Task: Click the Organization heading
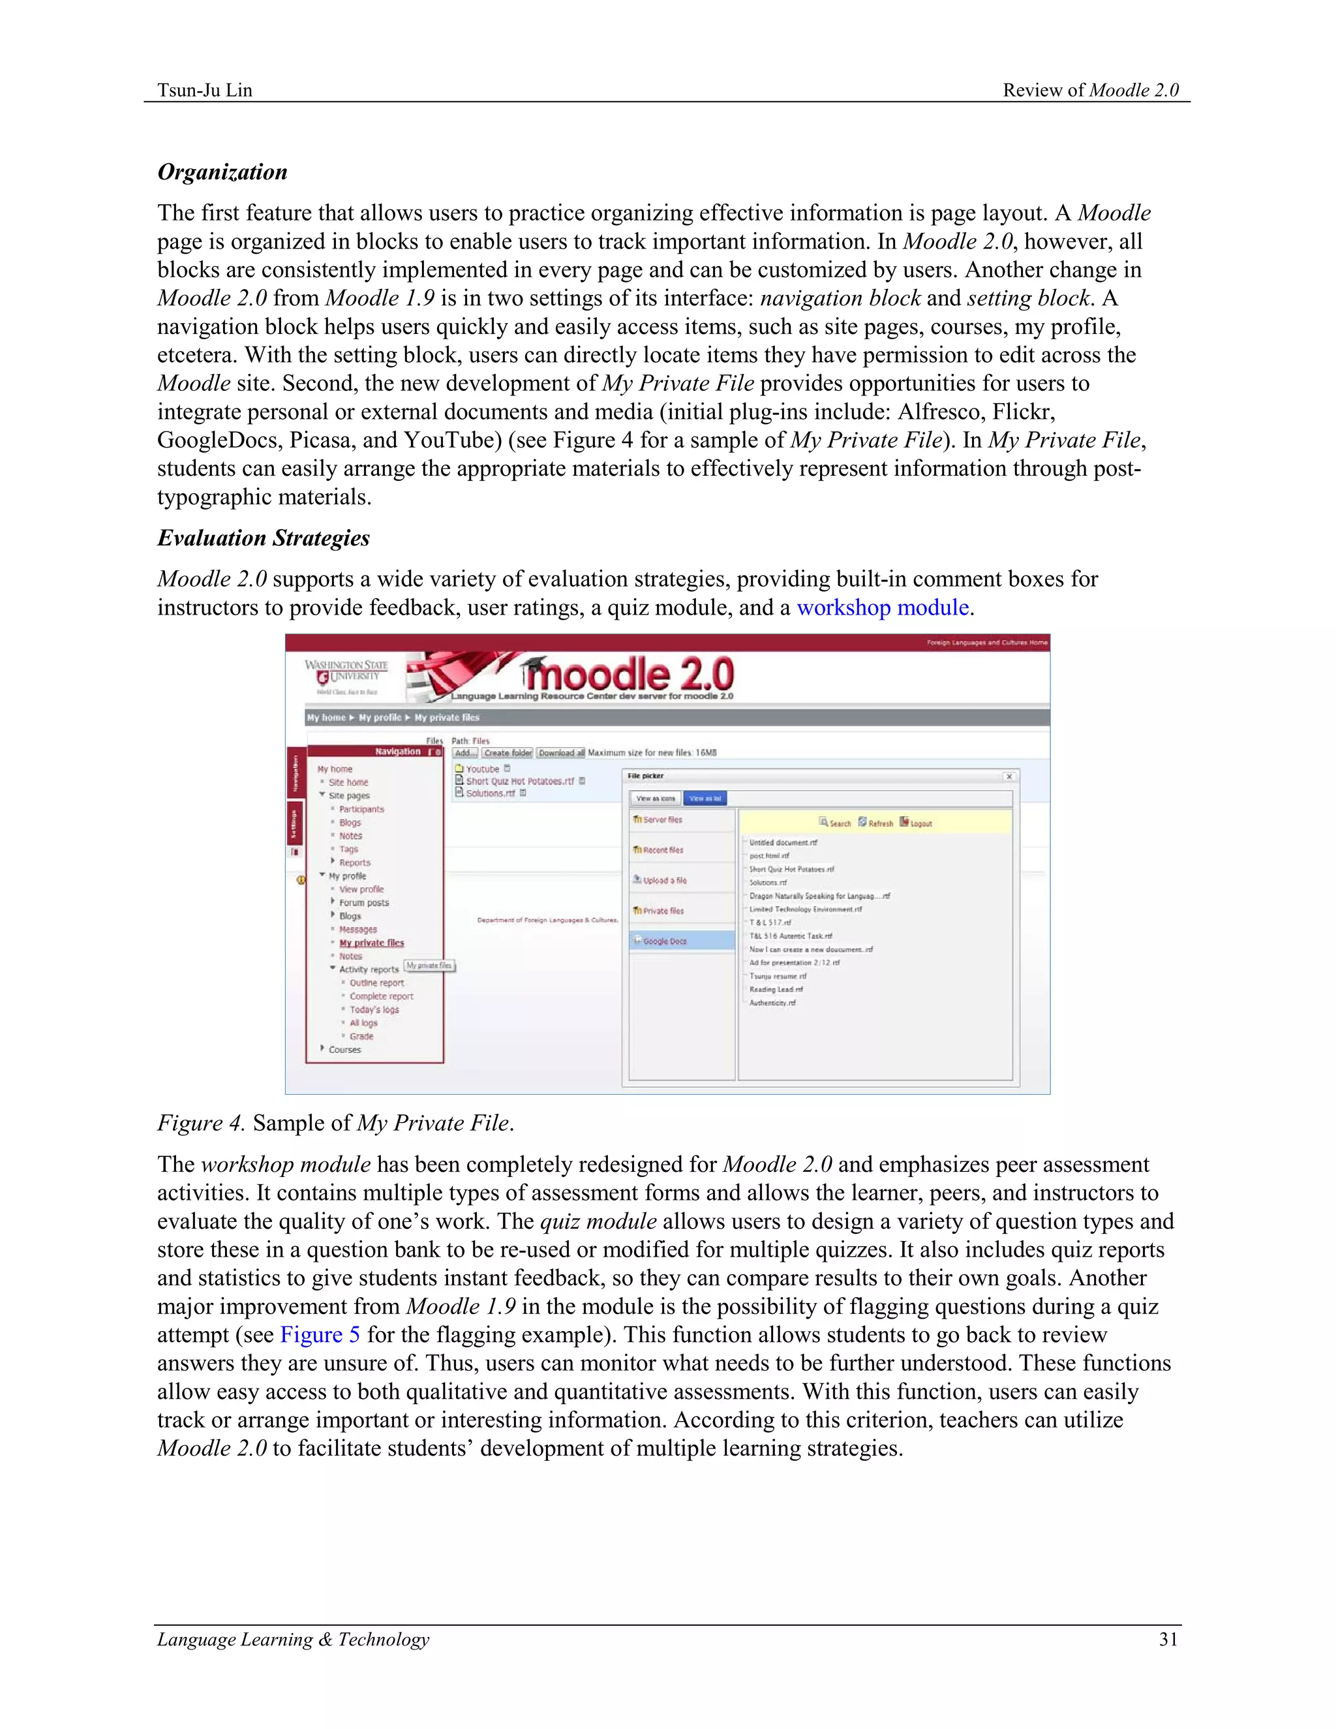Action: point(222,173)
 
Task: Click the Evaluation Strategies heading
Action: point(264,538)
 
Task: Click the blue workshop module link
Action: point(883,608)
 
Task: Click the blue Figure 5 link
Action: point(320,1335)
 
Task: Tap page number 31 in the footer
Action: point(1168,1640)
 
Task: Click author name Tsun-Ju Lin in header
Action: point(205,90)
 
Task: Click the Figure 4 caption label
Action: point(201,1124)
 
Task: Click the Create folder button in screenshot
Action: point(508,753)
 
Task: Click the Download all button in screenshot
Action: point(561,753)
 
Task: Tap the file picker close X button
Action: point(1009,776)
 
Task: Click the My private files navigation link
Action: point(371,943)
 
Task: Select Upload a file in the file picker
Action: point(664,880)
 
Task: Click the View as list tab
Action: point(705,799)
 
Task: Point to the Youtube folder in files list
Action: point(482,769)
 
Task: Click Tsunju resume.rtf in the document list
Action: point(778,976)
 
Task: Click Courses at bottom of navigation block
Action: point(344,1050)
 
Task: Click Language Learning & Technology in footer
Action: point(293,1640)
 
